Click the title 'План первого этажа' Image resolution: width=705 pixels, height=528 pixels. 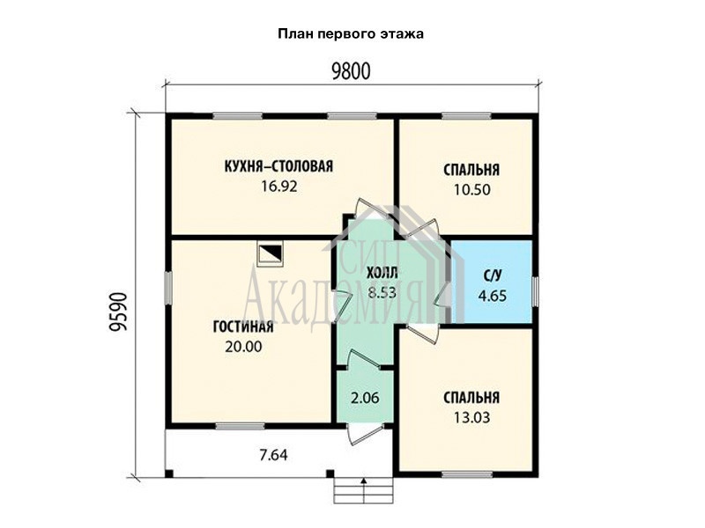(351, 34)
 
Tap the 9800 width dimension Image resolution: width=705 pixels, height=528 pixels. (351, 71)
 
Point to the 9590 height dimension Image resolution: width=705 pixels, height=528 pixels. (118, 312)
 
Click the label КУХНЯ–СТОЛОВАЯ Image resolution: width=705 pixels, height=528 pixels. (278, 166)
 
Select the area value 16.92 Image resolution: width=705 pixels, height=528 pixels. (279, 186)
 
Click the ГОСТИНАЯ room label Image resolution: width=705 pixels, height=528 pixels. (243, 326)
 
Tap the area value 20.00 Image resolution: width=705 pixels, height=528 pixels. (243, 347)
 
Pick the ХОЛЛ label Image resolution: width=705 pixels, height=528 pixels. (382, 273)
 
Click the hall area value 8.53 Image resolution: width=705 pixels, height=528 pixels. (382, 293)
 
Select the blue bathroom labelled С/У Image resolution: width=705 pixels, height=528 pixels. (493, 282)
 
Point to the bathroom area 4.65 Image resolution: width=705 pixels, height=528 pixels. (493, 296)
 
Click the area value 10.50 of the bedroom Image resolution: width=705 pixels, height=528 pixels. (471, 189)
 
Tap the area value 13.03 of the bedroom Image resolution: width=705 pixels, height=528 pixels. (471, 417)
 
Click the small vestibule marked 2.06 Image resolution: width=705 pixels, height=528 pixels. (365, 397)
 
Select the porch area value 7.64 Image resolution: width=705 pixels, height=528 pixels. (273, 455)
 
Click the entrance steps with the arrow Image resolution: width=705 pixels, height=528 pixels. (363, 491)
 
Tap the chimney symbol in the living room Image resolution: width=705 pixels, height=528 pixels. (270, 255)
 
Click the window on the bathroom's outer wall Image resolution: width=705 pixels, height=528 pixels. (535, 292)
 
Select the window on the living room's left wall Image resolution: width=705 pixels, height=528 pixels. (167, 289)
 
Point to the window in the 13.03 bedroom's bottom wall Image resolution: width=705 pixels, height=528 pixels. (467, 474)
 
